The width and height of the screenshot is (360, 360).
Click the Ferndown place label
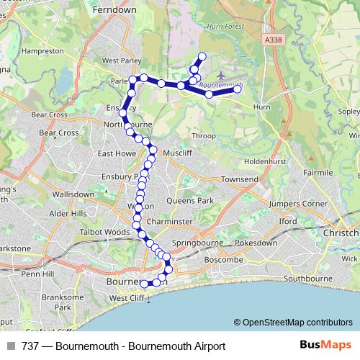point(114,12)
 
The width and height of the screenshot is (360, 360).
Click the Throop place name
point(204,135)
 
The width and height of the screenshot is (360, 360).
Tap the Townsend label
point(239,179)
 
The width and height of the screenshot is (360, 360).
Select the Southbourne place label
point(307,278)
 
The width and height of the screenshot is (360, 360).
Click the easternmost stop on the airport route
point(237,89)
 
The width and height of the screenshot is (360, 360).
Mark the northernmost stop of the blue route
point(202,56)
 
